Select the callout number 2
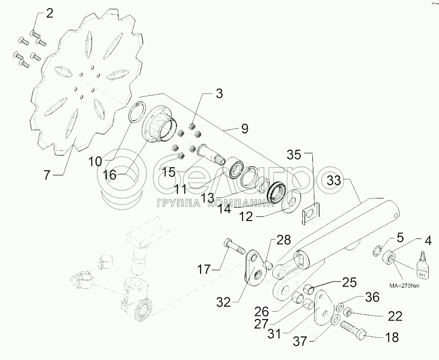coord(49,14)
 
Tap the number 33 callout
coord(334,180)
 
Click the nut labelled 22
coord(348,311)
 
